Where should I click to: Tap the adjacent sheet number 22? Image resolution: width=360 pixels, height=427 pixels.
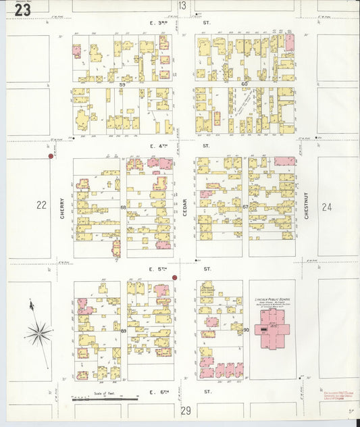click(41, 205)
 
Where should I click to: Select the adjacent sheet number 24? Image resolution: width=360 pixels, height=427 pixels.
click(328, 207)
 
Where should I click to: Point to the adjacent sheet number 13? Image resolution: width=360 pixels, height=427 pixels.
click(182, 6)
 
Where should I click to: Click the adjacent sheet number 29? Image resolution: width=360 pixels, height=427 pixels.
click(186, 411)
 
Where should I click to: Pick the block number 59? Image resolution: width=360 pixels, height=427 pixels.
click(122, 84)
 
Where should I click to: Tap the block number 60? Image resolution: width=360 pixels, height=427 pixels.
click(245, 84)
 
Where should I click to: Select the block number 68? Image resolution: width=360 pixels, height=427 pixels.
click(123, 207)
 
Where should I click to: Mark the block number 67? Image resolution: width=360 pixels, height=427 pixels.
click(246, 207)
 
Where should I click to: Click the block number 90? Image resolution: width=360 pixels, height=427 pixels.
click(246, 330)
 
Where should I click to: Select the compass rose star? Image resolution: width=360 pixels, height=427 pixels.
click(39, 332)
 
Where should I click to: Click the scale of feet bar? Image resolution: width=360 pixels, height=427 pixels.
click(105, 399)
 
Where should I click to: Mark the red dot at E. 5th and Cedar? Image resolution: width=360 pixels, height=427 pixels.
click(174, 278)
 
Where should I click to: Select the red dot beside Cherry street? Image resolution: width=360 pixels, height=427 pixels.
click(51, 156)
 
